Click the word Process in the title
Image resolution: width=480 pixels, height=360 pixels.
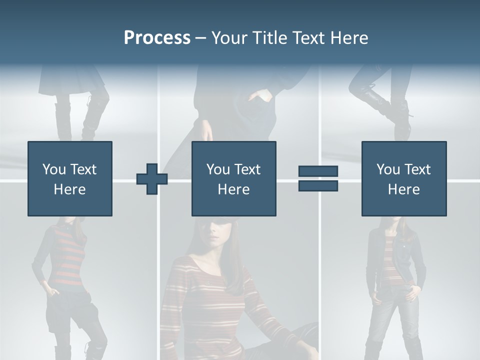[x=157, y=38]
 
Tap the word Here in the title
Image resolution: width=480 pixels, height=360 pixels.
[x=348, y=38]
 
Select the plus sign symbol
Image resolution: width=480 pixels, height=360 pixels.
[x=152, y=179]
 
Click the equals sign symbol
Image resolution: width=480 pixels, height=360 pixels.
[x=318, y=178]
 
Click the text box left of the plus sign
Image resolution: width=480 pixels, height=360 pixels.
[x=70, y=178]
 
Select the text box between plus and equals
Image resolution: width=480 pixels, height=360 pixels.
[x=233, y=178]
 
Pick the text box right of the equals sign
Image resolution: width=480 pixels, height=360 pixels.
[x=403, y=178]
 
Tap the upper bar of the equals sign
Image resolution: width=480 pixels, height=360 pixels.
[x=318, y=171]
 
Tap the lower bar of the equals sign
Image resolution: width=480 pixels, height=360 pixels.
[x=318, y=185]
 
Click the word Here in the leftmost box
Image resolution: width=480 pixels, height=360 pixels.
[x=70, y=189]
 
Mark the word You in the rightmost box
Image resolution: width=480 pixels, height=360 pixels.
[x=387, y=169]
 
